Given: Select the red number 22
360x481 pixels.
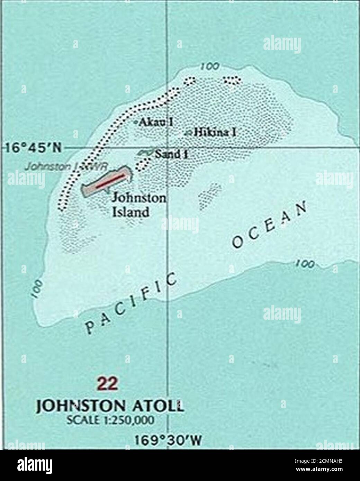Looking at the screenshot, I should coord(108,384).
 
